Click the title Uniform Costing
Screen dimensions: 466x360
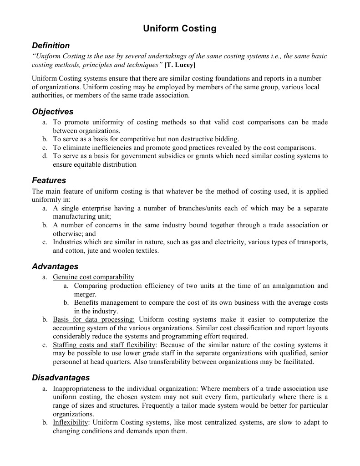pyautogui.click(x=180, y=29)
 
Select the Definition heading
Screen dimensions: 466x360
pyautogui.click(x=51, y=46)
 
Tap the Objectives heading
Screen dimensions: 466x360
pyautogui.click(x=52, y=112)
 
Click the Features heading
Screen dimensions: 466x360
pyautogui.click(x=49, y=180)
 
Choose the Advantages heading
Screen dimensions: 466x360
pyautogui.click(x=55, y=266)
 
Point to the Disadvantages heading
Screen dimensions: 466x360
pyautogui.click(x=61, y=378)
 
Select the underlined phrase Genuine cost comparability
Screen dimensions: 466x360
pyautogui.click(x=93, y=277)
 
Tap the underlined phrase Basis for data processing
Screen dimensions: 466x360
pyautogui.click(x=94, y=320)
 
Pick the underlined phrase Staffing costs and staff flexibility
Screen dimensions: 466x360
pyautogui.click(x=104, y=345)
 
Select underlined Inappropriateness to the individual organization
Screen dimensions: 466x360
pyautogui.click(x=125, y=389)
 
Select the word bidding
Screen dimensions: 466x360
pyautogui.click(x=226, y=139)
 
